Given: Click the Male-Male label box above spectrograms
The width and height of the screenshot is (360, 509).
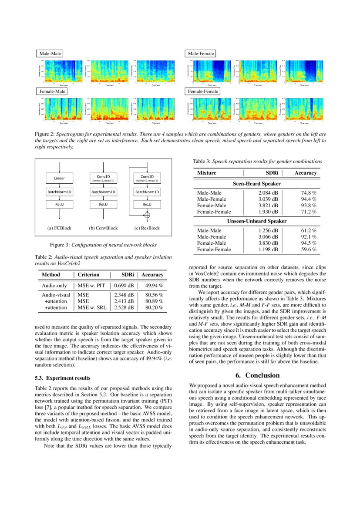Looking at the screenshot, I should click(50, 54).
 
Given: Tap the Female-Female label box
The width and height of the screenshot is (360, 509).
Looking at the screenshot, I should click(202, 91).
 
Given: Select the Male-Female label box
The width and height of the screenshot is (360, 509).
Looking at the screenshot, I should click(201, 54).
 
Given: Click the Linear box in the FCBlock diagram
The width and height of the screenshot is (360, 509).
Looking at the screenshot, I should click(60, 178).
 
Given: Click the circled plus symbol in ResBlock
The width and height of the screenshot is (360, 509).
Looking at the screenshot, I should click(147, 215).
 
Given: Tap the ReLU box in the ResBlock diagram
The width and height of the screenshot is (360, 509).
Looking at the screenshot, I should click(147, 204).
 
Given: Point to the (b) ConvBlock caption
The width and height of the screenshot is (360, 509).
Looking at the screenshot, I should click(103, 228).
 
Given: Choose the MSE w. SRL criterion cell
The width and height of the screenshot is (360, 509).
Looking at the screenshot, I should click(91, 307).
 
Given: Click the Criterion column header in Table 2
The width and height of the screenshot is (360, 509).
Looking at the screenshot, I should click(88, 275).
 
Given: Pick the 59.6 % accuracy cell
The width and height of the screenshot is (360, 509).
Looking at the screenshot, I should click(308, 249).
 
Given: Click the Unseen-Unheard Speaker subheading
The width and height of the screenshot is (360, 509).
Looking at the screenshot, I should click(256, 221).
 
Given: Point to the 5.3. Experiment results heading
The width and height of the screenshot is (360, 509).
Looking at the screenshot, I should click(62, 378).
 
